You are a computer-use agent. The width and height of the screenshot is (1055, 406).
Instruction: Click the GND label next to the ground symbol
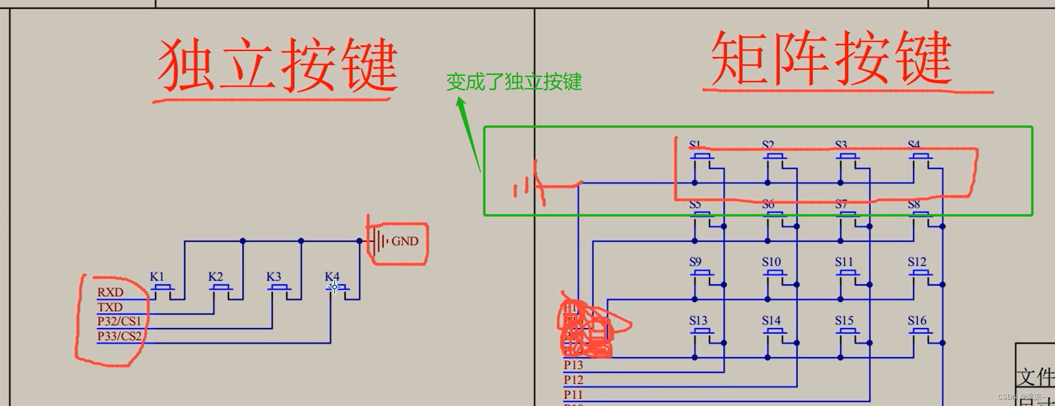[405, 241]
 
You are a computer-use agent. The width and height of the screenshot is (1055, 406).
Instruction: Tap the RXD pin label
[111, 293]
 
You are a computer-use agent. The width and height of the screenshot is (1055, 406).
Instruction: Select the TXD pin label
[110, 307]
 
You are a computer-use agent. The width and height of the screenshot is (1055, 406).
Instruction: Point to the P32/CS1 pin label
[119, 321]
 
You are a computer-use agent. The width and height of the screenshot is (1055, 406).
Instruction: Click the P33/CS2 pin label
[119, 336]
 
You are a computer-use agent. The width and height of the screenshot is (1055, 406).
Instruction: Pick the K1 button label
[157, 276]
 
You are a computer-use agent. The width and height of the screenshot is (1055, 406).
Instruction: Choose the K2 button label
[215, 276]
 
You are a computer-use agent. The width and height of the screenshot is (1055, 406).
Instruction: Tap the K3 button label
[273, 276]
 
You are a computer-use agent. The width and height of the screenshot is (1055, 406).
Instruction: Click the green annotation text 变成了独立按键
[514, 81]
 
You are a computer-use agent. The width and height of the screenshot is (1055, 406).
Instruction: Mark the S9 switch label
[695, 262]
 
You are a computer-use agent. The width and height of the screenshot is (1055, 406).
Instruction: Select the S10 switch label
[771, 262]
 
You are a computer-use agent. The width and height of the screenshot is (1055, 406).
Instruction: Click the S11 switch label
[844, 262]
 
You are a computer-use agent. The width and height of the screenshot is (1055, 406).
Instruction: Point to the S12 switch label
[917, 262]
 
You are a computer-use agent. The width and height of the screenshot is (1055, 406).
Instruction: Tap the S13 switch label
[698, 321]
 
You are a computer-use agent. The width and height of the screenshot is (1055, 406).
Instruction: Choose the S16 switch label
[917, 321]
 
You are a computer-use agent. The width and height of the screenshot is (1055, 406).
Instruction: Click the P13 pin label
[573, 365]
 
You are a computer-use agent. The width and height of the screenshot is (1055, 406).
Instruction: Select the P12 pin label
[573, 380]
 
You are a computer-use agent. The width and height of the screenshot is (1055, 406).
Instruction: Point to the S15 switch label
[844, 321]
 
